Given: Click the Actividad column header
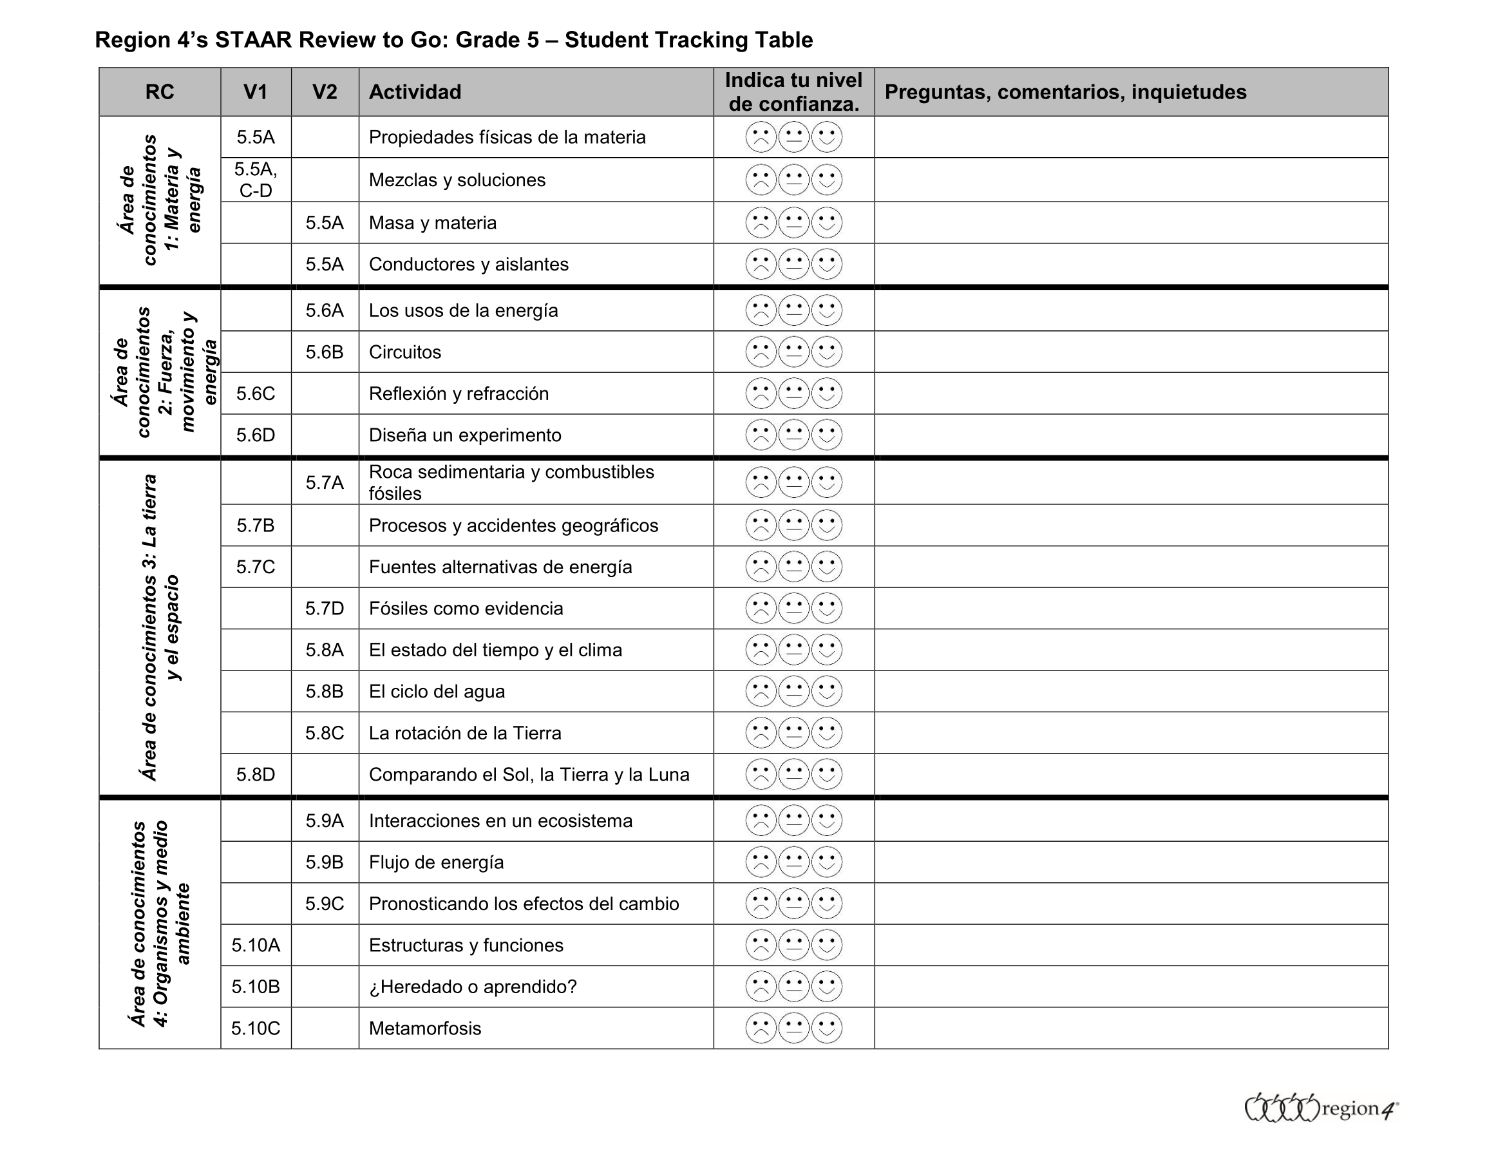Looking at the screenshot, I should pos(415,92).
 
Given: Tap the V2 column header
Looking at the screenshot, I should pos(325,92).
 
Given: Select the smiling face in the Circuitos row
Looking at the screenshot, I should pos(826,352).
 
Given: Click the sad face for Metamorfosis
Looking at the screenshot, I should pos(761,1028).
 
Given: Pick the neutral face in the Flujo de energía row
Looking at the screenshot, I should pos(794,862).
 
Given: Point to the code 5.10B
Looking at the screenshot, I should pos(255,986).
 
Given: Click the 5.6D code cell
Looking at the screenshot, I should pos(255,435).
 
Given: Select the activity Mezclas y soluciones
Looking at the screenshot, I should pos(457,180).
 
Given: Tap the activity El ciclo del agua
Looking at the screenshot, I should pos(437,691).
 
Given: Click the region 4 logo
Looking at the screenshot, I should pos(1321,1108).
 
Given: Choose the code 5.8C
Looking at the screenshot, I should pos(324,733).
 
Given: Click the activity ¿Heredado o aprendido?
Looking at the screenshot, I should pos(473,986).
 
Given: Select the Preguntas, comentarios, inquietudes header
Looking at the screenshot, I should pos(1065,92).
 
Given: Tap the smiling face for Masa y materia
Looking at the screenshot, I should pos(826,223).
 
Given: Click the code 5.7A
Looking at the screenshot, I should pos(324,483).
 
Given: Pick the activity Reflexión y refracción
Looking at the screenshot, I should pos(459,394).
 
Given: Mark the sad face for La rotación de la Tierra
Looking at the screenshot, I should pos(761,733).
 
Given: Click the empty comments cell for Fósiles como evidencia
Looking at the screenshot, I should pos(1131,608).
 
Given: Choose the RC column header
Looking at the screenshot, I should pos(159,92).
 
